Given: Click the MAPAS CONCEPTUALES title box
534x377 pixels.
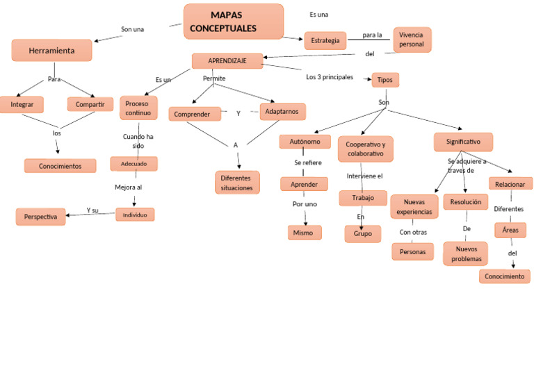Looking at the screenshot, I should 234,22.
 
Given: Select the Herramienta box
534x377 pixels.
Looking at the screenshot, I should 51,51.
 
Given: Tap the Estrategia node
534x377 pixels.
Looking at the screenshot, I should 325,41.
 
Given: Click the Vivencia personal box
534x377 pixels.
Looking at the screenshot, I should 412,40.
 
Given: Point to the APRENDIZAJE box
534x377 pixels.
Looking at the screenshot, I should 227,61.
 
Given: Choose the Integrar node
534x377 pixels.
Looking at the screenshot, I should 22,104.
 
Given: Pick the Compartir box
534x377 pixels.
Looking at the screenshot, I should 90,104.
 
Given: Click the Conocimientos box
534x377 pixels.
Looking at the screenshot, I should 60,166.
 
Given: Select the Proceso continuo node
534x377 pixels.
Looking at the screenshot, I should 138,108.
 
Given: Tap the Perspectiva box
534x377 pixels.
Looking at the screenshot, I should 40,217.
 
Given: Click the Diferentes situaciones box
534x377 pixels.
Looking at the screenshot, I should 237,183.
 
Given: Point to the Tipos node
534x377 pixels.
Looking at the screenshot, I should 385,80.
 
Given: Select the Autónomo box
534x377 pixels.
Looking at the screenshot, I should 305,142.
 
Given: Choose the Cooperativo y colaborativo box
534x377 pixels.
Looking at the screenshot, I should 365,149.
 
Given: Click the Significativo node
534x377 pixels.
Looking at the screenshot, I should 463,142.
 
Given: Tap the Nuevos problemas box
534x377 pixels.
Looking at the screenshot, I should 465,253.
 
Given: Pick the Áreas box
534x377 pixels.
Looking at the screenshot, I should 510,230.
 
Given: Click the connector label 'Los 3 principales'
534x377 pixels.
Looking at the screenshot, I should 330,77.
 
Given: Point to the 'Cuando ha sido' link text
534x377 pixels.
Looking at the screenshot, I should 138,141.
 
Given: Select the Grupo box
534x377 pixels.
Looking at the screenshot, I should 362,234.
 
